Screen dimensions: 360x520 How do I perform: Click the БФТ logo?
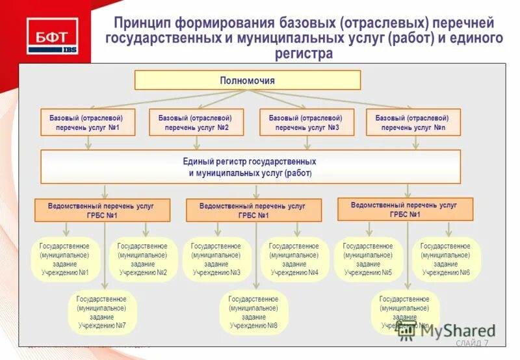52,36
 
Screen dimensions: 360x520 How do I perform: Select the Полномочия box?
247,81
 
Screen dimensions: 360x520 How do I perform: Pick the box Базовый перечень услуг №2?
196,123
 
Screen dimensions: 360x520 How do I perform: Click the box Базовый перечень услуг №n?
413,123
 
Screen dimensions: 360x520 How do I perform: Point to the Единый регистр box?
251,167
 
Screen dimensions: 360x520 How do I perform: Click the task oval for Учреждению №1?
65,259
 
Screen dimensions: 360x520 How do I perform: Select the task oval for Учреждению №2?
142,259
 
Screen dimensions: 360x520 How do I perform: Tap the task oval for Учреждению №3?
216,259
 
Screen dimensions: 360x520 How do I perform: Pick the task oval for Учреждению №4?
294,259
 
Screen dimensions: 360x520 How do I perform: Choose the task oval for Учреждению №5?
368,259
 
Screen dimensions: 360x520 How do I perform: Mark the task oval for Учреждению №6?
446,259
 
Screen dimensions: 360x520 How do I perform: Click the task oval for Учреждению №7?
102,312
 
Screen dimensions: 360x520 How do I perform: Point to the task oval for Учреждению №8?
253,312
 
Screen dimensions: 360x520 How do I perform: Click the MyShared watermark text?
458,331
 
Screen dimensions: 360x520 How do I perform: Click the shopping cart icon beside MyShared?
407,330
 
